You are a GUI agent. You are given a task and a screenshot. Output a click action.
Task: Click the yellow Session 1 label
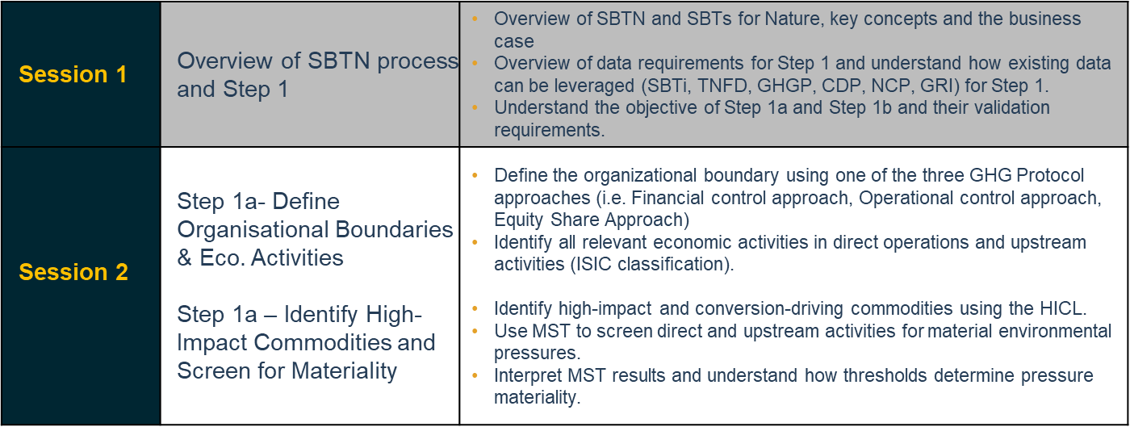point(73,74)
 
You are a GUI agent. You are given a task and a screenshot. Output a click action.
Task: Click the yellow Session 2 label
point(73,272)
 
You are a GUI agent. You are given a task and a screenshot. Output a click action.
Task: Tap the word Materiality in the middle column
point(344,371)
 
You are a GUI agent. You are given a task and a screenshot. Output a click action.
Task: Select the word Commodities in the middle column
point(322,343)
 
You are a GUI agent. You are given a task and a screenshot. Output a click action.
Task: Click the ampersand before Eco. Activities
point(185,258)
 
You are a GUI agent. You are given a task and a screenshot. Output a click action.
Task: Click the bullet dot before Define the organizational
point(475,176)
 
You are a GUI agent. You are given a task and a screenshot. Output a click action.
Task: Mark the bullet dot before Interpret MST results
point(475,375)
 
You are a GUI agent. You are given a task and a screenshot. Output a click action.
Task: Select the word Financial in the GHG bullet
point(668,198)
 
